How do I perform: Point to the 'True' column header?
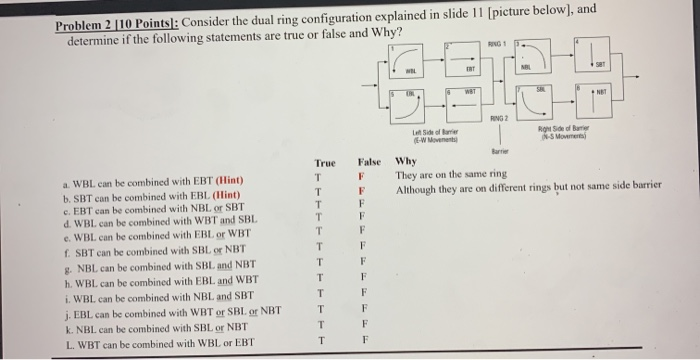pos(325,162)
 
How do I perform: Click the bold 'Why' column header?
pos(407,162)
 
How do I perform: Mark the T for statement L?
pos(318,342)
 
